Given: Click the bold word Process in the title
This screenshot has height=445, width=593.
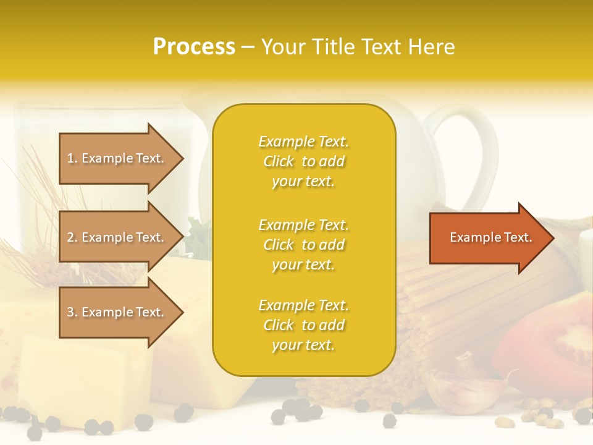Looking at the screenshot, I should point(194,47).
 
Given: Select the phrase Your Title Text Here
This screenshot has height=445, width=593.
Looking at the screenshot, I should point(358,47).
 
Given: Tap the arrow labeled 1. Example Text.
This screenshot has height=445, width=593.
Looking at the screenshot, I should point(117,158).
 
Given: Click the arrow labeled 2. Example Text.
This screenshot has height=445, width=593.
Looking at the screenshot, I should point(117,237).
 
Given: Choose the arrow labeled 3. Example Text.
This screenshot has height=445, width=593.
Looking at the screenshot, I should point(117,312).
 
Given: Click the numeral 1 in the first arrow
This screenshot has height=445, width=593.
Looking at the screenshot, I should point(70,158).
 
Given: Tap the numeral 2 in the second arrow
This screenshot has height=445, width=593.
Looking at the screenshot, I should point(70,237).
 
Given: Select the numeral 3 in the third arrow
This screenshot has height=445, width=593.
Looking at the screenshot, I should point(70,312).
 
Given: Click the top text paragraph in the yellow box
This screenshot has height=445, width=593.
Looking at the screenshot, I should point(303,161).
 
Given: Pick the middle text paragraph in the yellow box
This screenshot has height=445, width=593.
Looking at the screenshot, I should point(303,245).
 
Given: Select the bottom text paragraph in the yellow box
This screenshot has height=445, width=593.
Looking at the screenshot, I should point(303,325).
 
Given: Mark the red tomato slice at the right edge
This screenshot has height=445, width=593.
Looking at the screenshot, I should point(550,346).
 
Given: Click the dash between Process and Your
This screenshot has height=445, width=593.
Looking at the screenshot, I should point(248,48).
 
